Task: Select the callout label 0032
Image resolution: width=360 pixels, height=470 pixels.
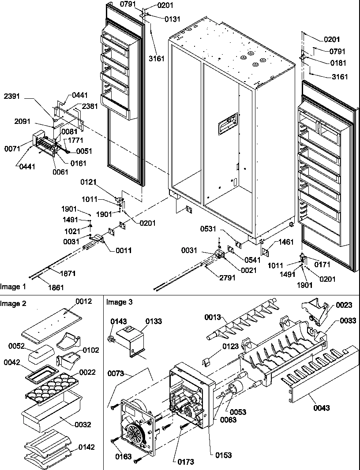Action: pos(82,425)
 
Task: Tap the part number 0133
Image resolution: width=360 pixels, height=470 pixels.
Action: pos(154,321)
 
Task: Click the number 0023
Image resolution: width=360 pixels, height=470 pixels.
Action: pos(345,305)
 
